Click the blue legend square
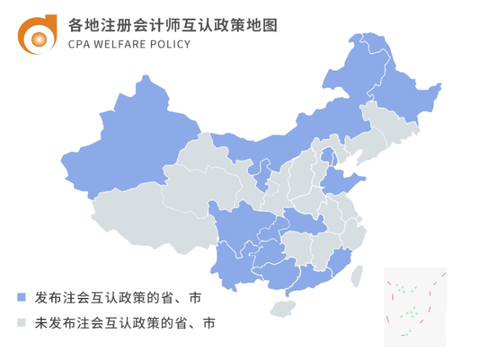point(22,297)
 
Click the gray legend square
point(22,322)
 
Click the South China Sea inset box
point(414,305)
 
